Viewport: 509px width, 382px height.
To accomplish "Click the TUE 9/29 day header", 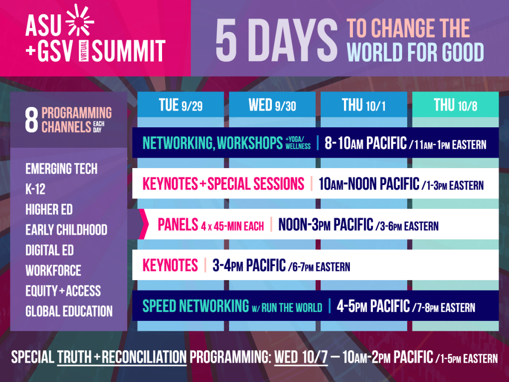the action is tap(180, 104).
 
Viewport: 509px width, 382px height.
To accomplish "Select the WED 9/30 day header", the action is tap(272, 104).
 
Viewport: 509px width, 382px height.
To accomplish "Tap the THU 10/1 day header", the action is tap(363, 104).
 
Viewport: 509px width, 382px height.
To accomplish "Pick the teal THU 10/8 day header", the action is tap(455, 104).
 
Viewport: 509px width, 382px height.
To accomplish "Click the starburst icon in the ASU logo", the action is tap(79, 20).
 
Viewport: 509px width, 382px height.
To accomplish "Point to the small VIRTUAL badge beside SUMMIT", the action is tap(84, 51).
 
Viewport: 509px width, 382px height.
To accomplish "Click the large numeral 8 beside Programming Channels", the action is tap(31, 120).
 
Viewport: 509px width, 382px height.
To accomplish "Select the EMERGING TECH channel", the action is tap(61, 169).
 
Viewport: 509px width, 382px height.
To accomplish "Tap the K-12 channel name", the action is tap(35, 189).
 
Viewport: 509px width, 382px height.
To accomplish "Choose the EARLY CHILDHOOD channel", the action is tap(66, 230).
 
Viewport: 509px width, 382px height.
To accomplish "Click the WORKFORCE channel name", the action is tap(53, 271).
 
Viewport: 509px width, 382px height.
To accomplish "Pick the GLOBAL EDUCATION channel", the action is tap(69, 311).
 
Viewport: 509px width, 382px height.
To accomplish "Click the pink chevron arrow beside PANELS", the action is tap(144, 224).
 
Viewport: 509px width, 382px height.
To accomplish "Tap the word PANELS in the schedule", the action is tap(178, 224).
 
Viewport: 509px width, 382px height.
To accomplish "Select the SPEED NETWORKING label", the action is tap(196, 306).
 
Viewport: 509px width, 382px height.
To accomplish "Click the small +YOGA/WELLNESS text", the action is tap(298, 143).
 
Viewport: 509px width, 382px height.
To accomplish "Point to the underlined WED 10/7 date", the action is tap(301, 357).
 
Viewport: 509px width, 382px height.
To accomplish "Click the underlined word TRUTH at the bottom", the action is tap(75, 357).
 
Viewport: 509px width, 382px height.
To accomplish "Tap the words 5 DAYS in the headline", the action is tap(276, 40).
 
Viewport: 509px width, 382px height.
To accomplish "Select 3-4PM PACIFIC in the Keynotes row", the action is tap(249, 266).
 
